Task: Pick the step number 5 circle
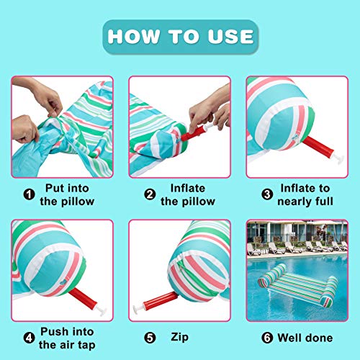150,337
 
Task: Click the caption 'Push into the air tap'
69,337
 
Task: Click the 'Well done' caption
305,337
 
